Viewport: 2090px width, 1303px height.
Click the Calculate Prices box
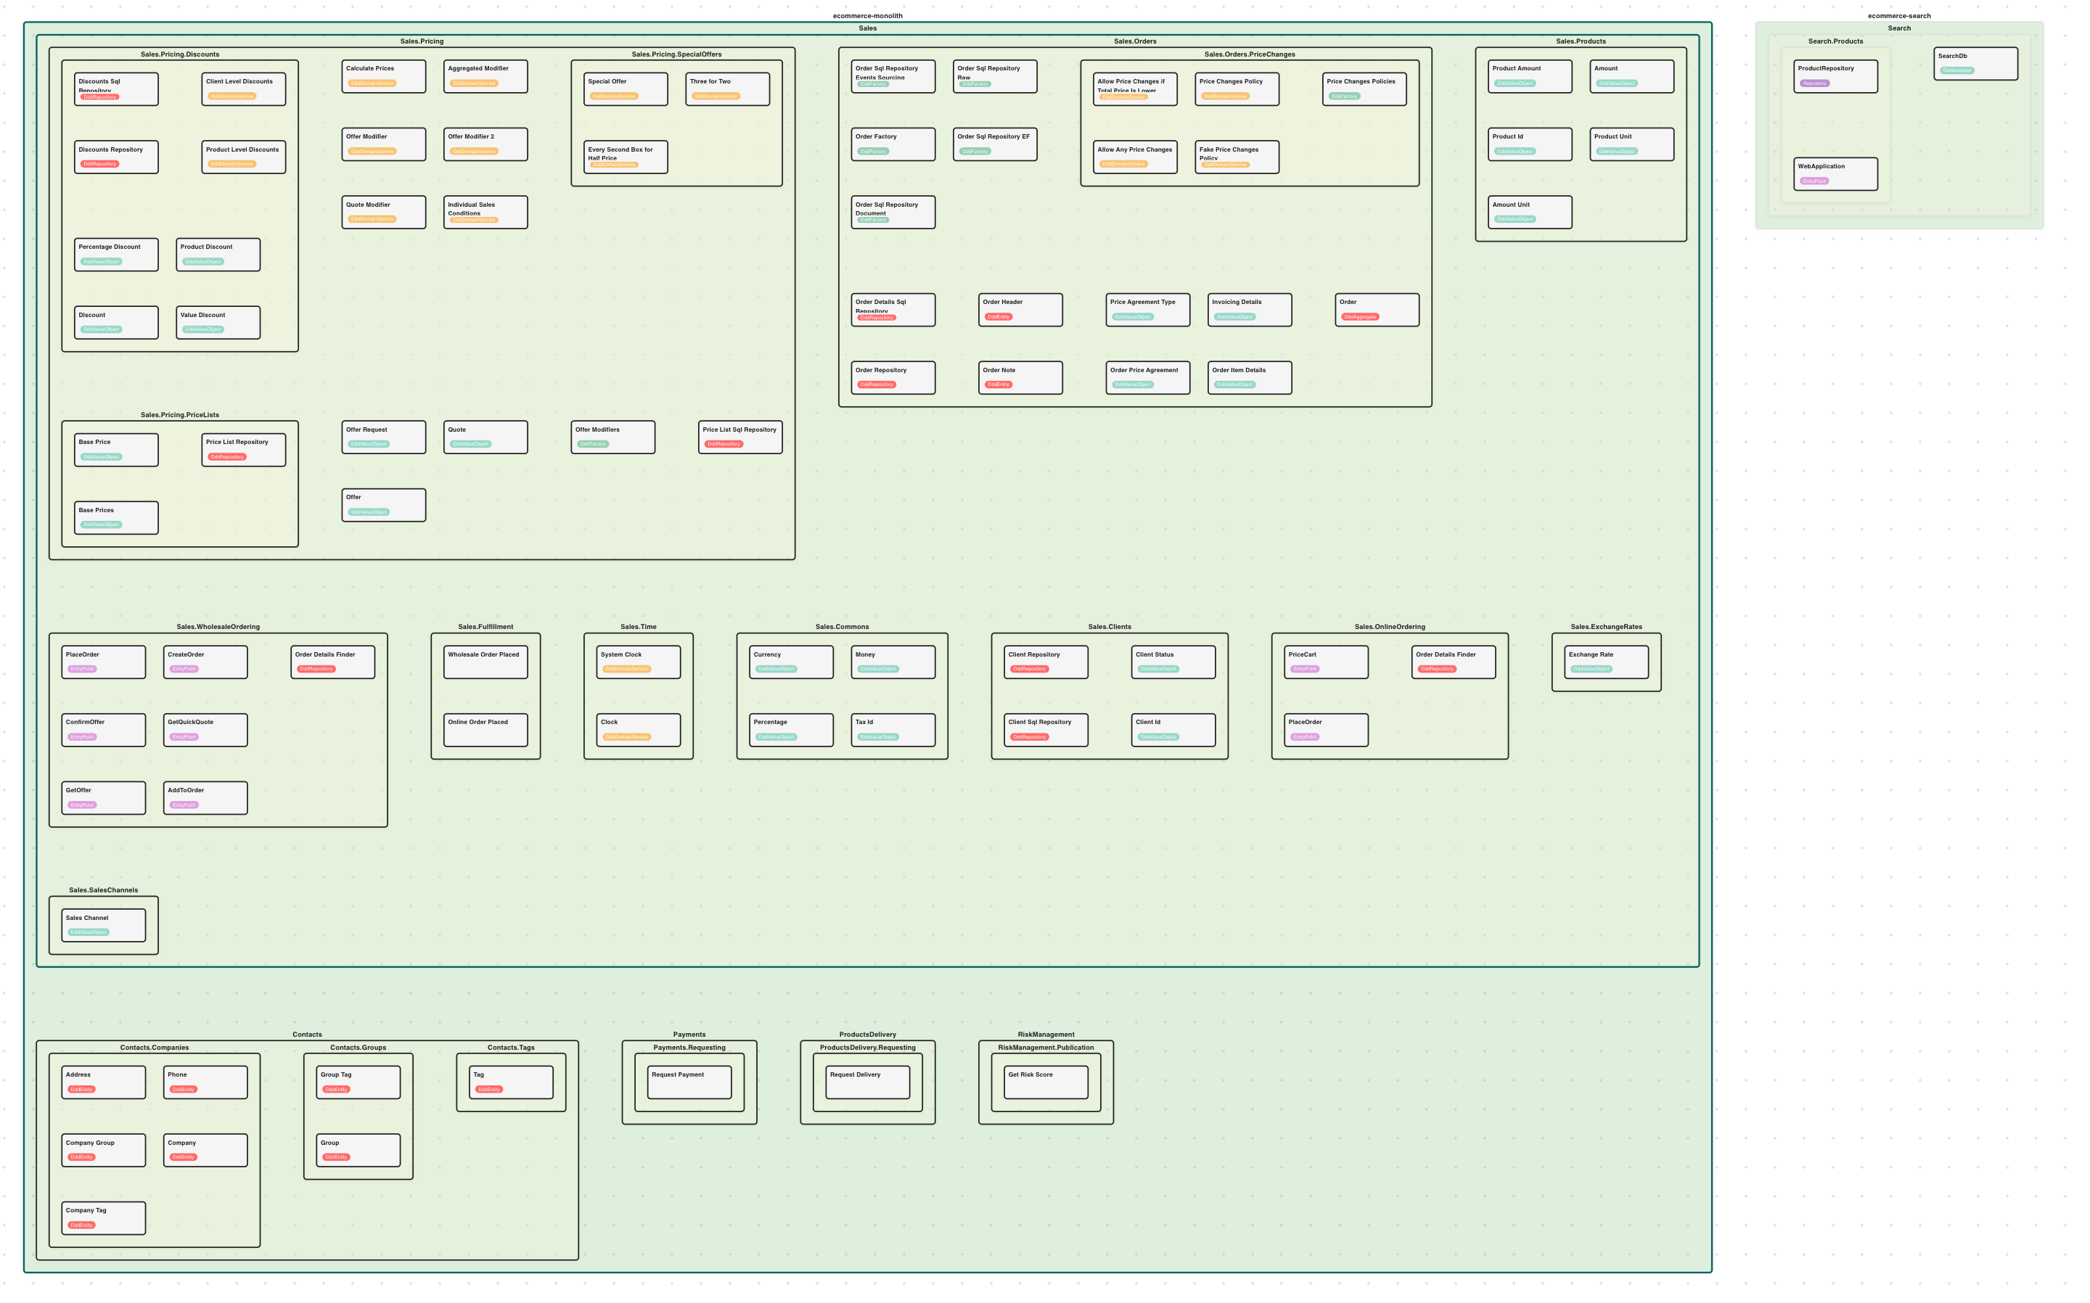click(382, 76)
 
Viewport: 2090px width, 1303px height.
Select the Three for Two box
click(726, 89)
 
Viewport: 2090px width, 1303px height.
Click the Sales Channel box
click(104, 925)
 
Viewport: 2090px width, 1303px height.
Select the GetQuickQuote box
click(205, 729)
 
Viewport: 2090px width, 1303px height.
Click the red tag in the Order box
click(1360, 317)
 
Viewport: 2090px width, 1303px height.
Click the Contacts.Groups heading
click(358, 1048)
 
